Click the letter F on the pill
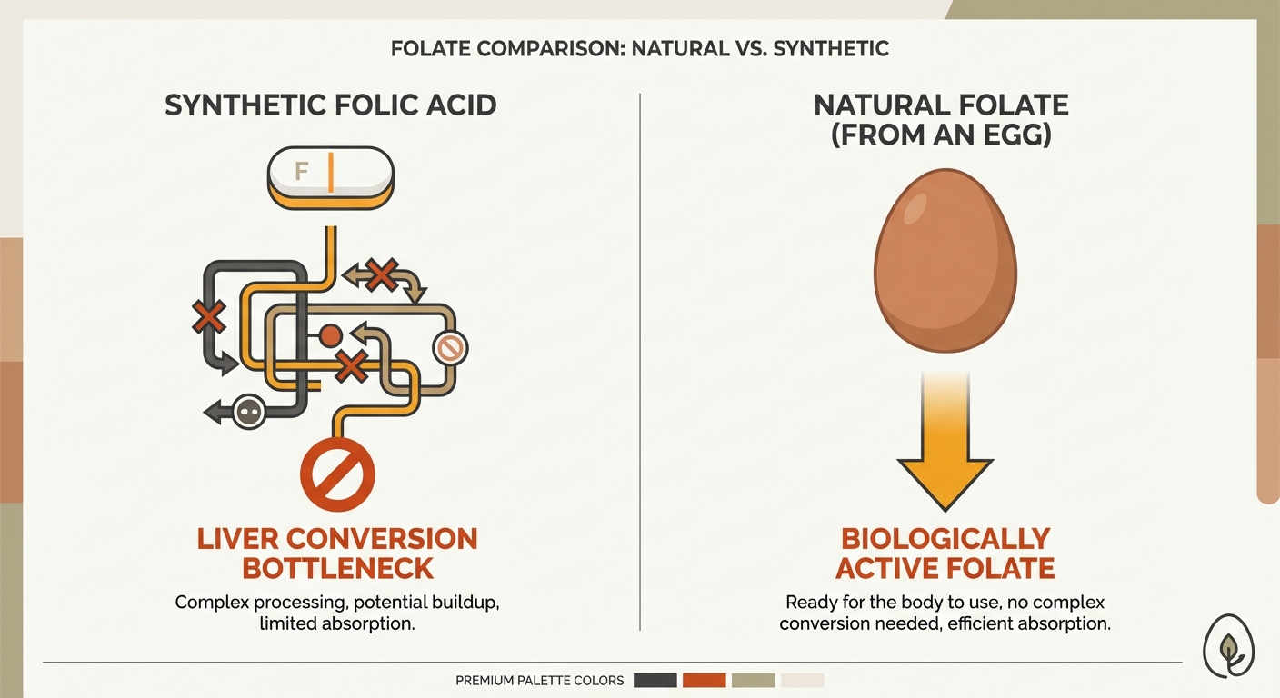[302, 170]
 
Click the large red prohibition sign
[337, 474]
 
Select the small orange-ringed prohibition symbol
[448, 347]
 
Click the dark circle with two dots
[247, 413]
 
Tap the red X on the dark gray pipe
[209, 317]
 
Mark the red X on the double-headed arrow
[382, 274]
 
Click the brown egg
[945, 261]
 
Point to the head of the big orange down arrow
[945, 482]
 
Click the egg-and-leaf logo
[1230, 646]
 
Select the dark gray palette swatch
[655, 680]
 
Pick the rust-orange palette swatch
[704, 680]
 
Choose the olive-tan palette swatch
[753, 680]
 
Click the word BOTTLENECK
[336, 568]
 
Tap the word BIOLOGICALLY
[945, 538]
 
